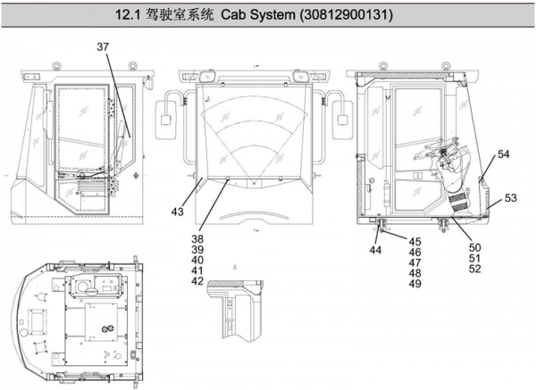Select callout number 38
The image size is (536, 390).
point(197,239)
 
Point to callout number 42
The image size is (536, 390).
point(197,281)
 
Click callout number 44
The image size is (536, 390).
point(375,251)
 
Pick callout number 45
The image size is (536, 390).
point(415,242)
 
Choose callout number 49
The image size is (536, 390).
point(415,284)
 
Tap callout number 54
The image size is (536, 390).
point(504,154)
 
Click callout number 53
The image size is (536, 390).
point(510,197)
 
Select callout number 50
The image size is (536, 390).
point(475,247)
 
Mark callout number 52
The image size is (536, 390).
point(475,269)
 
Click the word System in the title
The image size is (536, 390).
point(284,16)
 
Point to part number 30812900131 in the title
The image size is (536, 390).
point(357,16)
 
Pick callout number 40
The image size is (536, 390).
point(197,260)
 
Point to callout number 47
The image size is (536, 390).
point(415,263)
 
